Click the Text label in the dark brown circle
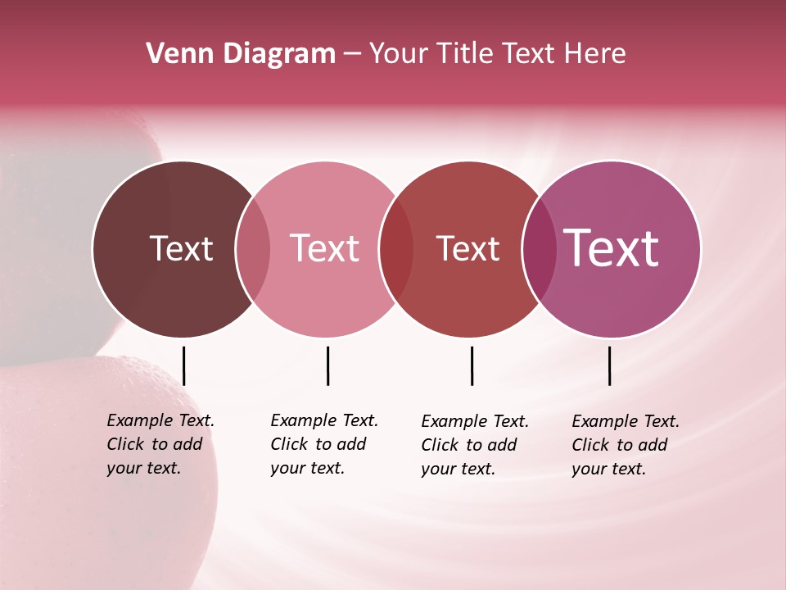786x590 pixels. [181, 248]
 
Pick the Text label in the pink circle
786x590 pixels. [325, 248]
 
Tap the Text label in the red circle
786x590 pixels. [468, 248]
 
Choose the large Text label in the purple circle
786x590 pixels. [612, 248]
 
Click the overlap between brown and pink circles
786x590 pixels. [253, 249]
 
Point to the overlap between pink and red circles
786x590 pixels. [396, 249]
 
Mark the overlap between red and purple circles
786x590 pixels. [539, 249]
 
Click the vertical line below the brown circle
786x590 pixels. [184, 365]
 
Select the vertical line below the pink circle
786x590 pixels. [327, 365]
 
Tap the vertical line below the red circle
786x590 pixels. [472, 365]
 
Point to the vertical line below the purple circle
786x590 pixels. [610, 365]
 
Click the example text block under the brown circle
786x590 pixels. [160, 444]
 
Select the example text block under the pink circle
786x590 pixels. [323, 444]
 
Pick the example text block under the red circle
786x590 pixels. [474, 445]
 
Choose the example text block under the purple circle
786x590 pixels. [625, 445]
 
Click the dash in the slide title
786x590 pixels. [352, 54]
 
